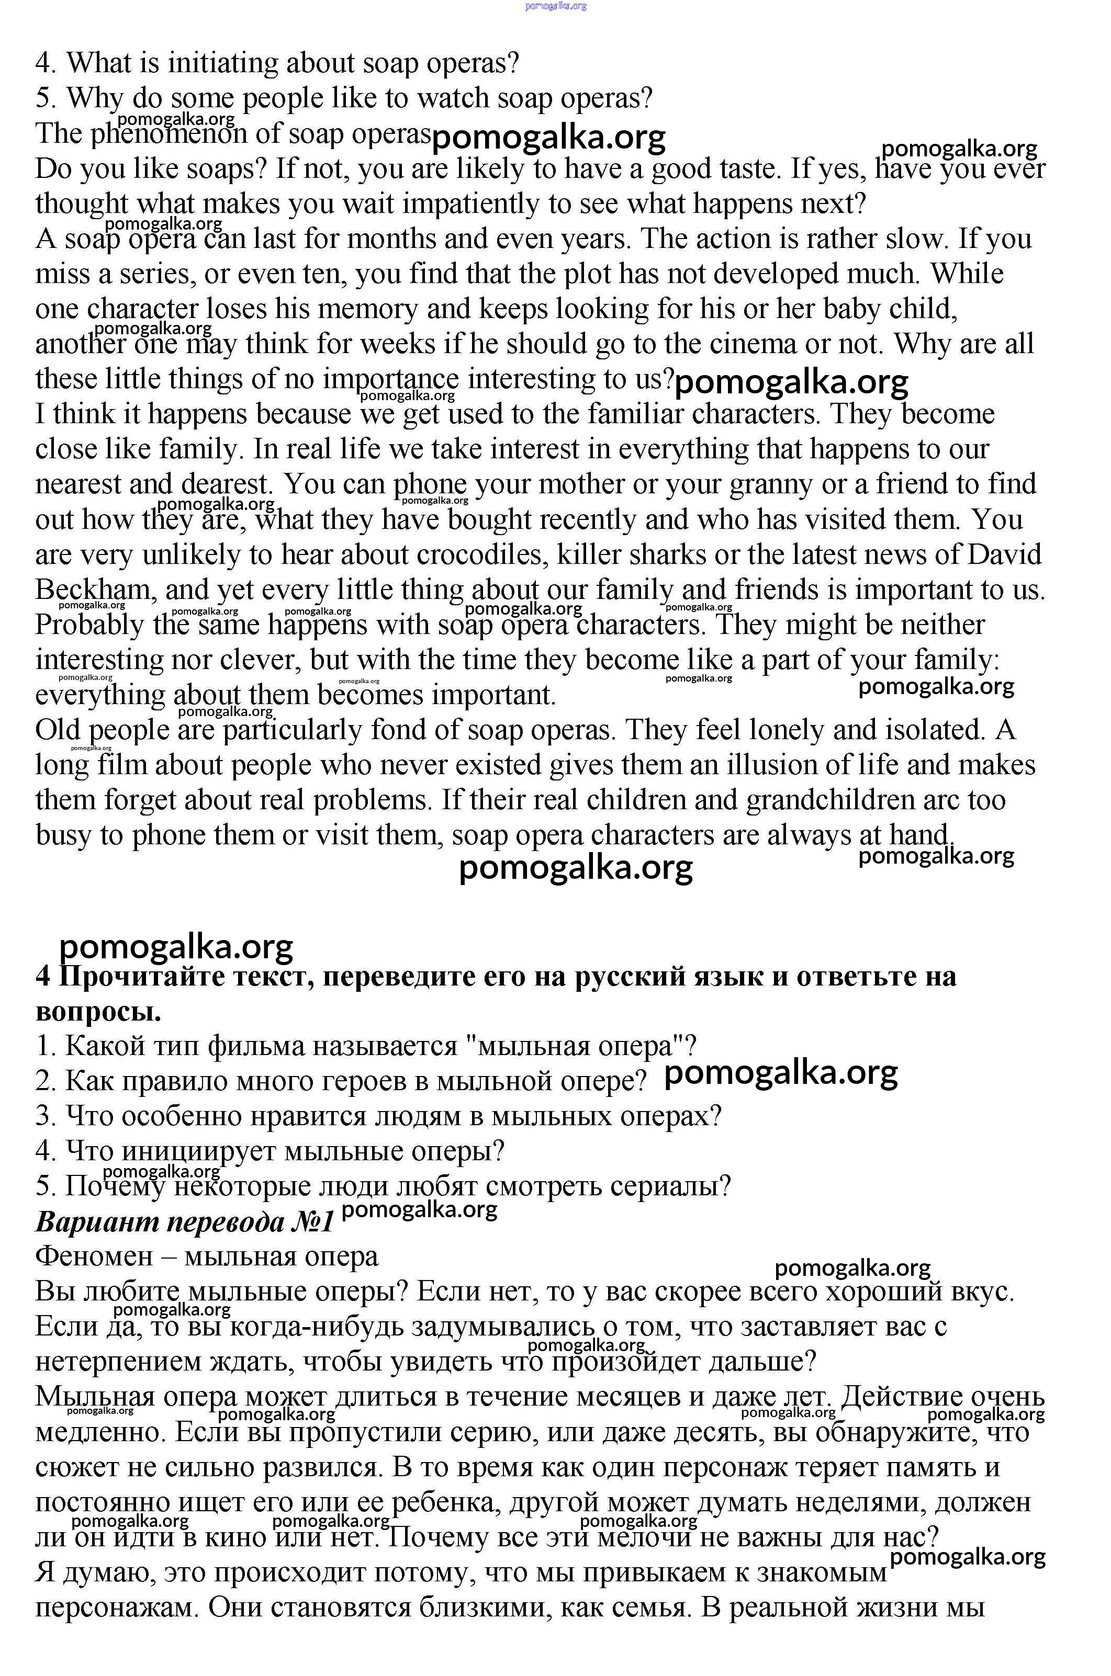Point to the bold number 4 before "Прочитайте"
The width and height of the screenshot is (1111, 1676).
point(43,977)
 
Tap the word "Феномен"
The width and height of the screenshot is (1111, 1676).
point(94,1256)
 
